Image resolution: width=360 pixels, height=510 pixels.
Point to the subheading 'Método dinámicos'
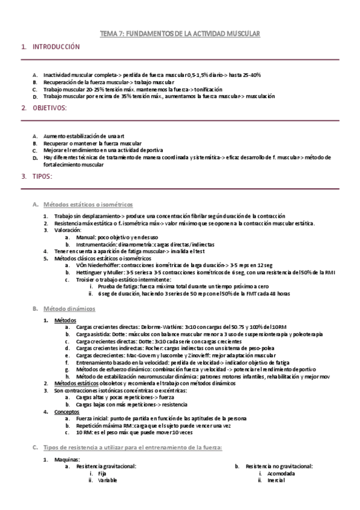click(69, 309)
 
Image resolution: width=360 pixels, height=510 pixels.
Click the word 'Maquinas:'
click(67, 459)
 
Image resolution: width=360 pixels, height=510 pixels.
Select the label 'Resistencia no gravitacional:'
click(279, 466)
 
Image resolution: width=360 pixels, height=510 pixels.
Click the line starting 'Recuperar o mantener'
click(93, 144)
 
